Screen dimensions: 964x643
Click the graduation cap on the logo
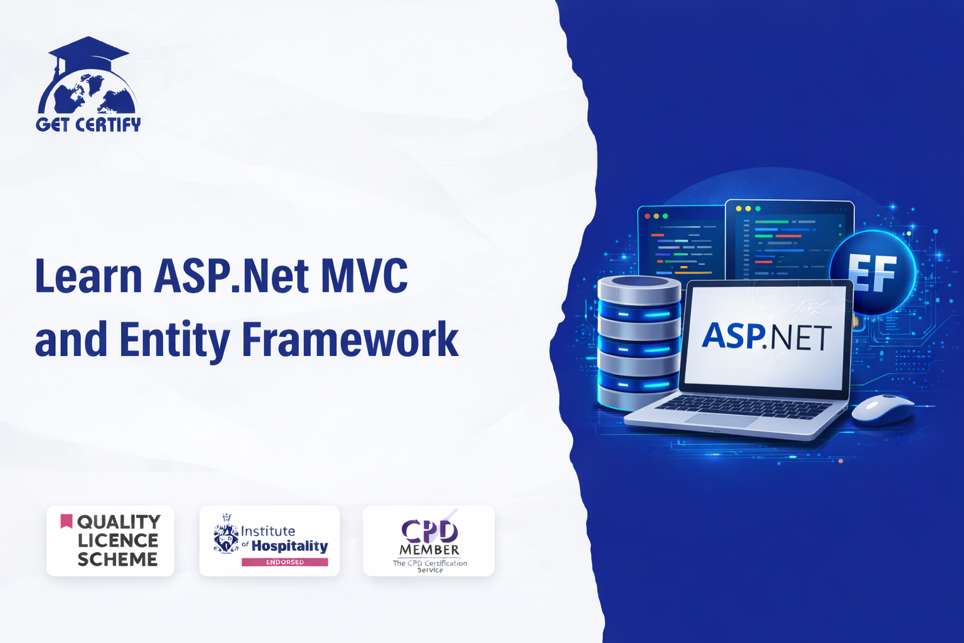point(88,51)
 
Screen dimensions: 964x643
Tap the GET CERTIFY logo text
point(88,124)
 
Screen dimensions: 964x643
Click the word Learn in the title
point(88,276)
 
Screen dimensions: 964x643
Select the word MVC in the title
point(364,276)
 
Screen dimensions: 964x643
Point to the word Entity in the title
point(174,341)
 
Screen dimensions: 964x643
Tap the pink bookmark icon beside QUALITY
point(67,521)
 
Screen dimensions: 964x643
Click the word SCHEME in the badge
point(117,559)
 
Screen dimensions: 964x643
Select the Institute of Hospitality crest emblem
point(226,533)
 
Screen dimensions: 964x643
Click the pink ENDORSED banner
point(285,562)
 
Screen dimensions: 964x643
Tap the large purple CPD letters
point(429,531)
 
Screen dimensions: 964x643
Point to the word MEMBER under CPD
point(429,550)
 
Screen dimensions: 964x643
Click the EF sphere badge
point(872,273)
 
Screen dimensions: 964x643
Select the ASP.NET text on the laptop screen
point(766,337)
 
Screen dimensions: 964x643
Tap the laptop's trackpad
point(721,420)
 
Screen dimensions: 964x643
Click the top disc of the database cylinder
point(639,289)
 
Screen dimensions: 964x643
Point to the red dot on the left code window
point(647,216)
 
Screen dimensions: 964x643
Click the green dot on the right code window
point(758,209)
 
